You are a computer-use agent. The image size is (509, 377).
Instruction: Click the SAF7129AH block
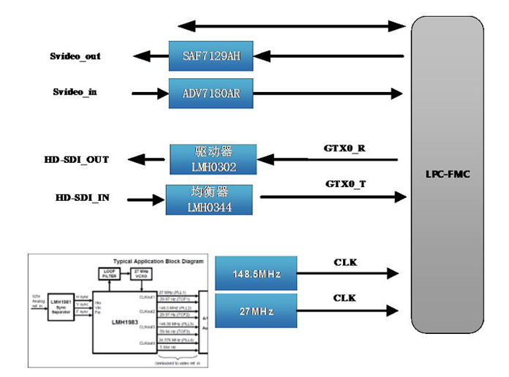[211, 56]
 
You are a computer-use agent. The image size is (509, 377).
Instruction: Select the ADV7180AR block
[211, 93]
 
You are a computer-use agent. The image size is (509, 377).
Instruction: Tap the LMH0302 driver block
[214, 159]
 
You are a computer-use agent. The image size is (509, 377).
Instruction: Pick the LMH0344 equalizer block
[209, 199]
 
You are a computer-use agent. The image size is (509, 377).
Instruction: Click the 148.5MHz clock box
[256, 274]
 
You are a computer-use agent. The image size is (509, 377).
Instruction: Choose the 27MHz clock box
[256, 311]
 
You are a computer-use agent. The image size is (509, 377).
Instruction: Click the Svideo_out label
[75, 56]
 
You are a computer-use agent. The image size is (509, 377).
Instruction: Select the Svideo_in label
[75, 92]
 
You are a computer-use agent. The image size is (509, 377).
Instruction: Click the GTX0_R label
[344, 148]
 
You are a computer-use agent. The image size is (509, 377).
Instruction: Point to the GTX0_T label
[344, 184]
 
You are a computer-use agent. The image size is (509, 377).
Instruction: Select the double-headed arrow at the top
[290, 26]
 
